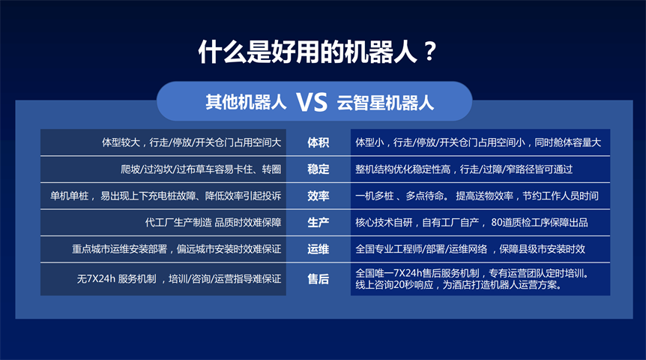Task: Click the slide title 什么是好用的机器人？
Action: point(317,52)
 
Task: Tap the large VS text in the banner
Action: point(312,102)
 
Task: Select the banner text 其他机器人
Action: point(246,102)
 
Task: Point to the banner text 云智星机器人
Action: point(385,103)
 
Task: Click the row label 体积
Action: point(318,142)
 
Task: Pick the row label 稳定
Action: point(318,169)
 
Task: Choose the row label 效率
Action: point(318,196)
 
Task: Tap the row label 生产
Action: point(318,223)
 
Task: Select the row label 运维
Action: point(318,249)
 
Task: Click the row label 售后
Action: point(318,279)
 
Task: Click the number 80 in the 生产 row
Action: point(497,223)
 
